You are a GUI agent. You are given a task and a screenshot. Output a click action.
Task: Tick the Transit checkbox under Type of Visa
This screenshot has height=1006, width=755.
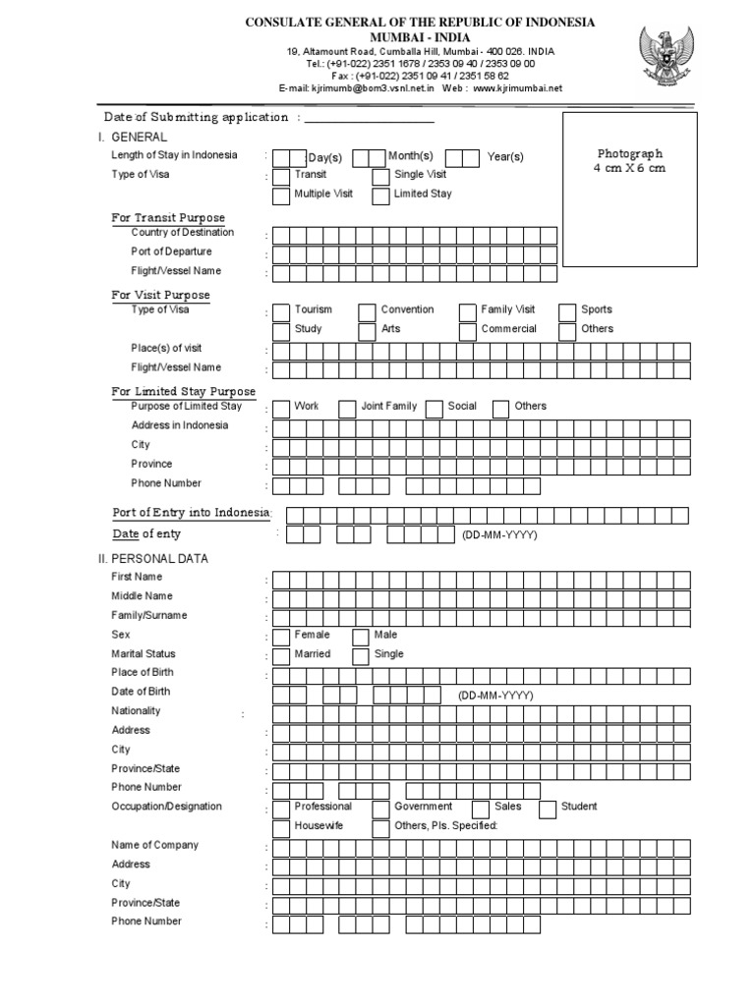[281, 176]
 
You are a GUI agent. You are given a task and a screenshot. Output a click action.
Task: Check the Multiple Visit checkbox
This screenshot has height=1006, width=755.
[281, 196]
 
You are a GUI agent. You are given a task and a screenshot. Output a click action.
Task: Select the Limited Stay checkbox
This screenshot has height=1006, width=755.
[380, 196]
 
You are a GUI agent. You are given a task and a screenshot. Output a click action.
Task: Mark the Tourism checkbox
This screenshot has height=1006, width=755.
[281, 311]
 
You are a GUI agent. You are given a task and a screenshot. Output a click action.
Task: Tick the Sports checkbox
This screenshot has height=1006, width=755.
[567, 311]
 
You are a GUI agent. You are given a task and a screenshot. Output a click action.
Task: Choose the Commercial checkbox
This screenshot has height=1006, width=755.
[468, 331]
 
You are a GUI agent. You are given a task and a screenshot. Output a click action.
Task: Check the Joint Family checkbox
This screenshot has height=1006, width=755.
[347, 408]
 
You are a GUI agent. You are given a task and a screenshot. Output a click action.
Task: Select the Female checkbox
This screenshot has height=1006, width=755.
[281, 637]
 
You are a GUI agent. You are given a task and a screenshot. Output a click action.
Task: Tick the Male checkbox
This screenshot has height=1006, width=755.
[360, 637]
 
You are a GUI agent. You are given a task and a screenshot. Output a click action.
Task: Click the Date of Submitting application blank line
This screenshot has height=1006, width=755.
[369, 118]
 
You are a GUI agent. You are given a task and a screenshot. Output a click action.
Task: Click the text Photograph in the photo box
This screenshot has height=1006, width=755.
[630, 154]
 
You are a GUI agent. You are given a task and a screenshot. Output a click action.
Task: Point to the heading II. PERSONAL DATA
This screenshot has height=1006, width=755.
[159, 558]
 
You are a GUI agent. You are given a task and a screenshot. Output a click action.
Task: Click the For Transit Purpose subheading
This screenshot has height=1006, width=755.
[168, 218]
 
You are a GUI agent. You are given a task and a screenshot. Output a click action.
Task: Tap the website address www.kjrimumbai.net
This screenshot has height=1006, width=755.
[517, 87]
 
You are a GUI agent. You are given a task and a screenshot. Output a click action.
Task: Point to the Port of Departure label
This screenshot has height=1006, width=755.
[171, 251]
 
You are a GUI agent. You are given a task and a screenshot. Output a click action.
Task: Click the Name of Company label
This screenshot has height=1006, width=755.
[154, 845]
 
